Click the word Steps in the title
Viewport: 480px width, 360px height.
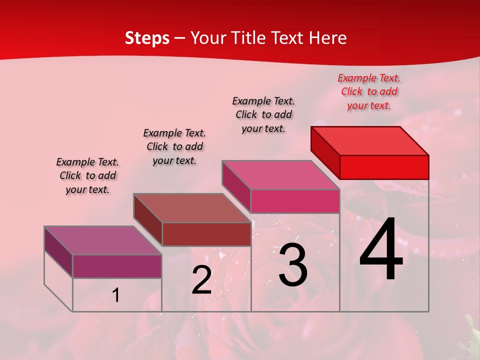[x=147, y=38]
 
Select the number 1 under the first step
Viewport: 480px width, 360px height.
[x=116, y=295]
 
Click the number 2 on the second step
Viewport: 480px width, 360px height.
[x=201, y=280]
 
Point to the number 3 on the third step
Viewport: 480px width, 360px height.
[x=292, y=265]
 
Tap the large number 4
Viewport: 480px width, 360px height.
[x=381, y=250]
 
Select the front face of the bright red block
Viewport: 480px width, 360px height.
[x=384, y=167]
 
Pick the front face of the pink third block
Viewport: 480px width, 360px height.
[x=295, y=201]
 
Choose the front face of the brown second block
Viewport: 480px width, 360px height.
[x=206, y=234]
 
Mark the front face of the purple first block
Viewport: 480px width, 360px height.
[x=117, y=266]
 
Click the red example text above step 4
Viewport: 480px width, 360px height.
[x=369, y=91]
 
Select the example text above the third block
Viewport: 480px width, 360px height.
[x=263, y=114]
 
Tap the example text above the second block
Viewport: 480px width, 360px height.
[x=174, y=146]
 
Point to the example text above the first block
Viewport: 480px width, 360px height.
[x=87, y=175]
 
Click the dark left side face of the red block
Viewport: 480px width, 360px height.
[x=325, y=152]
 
